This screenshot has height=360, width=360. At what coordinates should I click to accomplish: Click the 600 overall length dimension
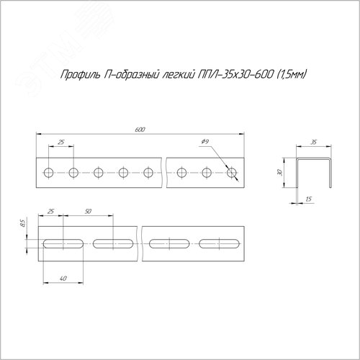[140, 130]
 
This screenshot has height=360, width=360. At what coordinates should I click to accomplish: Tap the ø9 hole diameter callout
[205, 142]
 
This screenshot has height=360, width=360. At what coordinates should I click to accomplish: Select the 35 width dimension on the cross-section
[314, 143]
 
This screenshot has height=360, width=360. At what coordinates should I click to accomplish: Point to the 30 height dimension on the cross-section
[280, 172]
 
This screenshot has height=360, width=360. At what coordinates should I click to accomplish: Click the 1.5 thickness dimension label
[309, 199]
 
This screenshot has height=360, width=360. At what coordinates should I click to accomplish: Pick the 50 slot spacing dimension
[88, 212]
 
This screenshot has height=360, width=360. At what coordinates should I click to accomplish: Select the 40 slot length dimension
[63, 279]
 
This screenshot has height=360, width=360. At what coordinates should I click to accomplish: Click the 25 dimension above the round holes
[61, 142]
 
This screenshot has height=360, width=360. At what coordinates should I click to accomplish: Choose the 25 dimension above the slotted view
[50, 212]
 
